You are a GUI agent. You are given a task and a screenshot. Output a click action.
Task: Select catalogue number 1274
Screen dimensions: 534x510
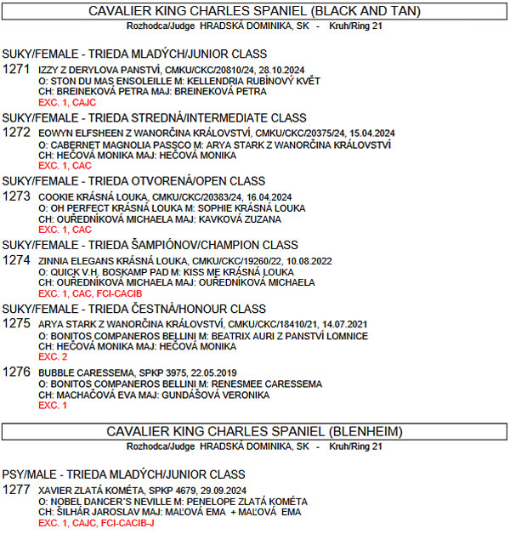(x=17, y=261)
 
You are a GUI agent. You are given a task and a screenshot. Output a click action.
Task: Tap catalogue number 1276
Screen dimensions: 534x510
(x=17, y=372)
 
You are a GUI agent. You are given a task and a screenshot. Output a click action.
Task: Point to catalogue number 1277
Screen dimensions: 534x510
(x=17, y=491)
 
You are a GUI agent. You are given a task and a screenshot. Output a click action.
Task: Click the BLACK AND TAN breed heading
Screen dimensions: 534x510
(x=255, y=11)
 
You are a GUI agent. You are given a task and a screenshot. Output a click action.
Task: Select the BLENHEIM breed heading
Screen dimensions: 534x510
(x=255, y=431)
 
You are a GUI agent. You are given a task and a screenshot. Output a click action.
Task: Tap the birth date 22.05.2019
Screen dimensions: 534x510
(x=216, y=372)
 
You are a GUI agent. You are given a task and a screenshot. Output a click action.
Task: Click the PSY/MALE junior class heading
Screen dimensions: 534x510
(x=123, y=474)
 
